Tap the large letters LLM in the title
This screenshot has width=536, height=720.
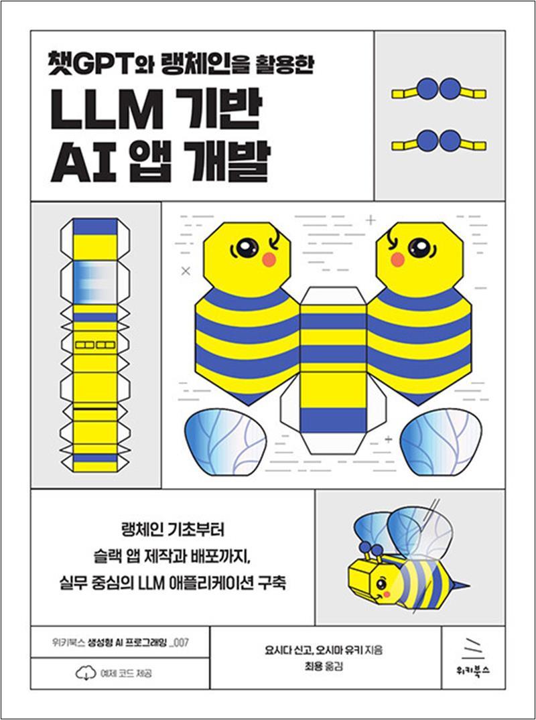click(x=106, y=111)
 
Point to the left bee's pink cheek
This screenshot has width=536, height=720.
click(x=269, y=260)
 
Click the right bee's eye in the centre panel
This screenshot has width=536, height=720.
click(x=419, y=248)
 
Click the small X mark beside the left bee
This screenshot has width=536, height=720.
click(x=186, y=271)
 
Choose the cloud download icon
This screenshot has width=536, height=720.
click(x=86, y=673)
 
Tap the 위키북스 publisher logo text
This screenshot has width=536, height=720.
click(x=473, y=670)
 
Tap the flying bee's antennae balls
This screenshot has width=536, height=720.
click(x=371, y=547)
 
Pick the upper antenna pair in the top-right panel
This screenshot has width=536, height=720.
click(x=439, y=89)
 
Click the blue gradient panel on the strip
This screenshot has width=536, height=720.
click(x=95, y=282)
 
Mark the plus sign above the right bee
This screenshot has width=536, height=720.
click(x=371, y=220)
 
